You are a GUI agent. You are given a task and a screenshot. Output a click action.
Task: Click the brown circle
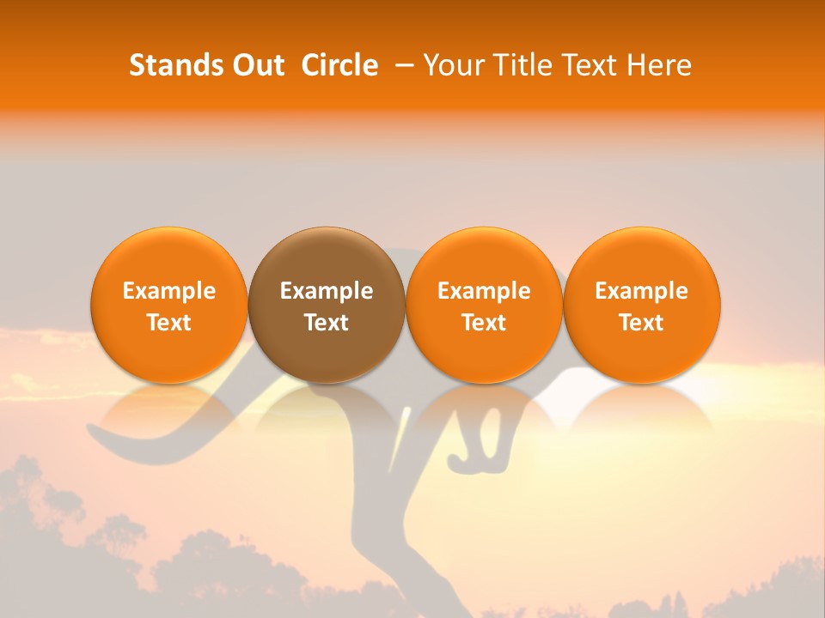(327, 257)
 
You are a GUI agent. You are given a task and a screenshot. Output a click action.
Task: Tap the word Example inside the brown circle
(327, 291)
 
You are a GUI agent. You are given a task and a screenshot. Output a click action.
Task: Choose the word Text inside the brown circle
(327, 323)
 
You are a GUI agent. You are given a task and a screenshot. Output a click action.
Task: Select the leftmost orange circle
(169, 257)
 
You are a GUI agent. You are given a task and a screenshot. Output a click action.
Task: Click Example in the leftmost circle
(169, 291)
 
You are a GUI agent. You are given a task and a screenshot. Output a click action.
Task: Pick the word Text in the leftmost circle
(169, 323)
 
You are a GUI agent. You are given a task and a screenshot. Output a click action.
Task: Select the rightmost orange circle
(642, 257)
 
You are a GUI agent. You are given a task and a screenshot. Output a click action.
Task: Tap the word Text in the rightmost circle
(642, 323)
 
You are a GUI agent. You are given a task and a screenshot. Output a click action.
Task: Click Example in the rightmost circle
(642, 291)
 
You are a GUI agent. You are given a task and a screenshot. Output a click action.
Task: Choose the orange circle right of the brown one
(484, 257)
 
